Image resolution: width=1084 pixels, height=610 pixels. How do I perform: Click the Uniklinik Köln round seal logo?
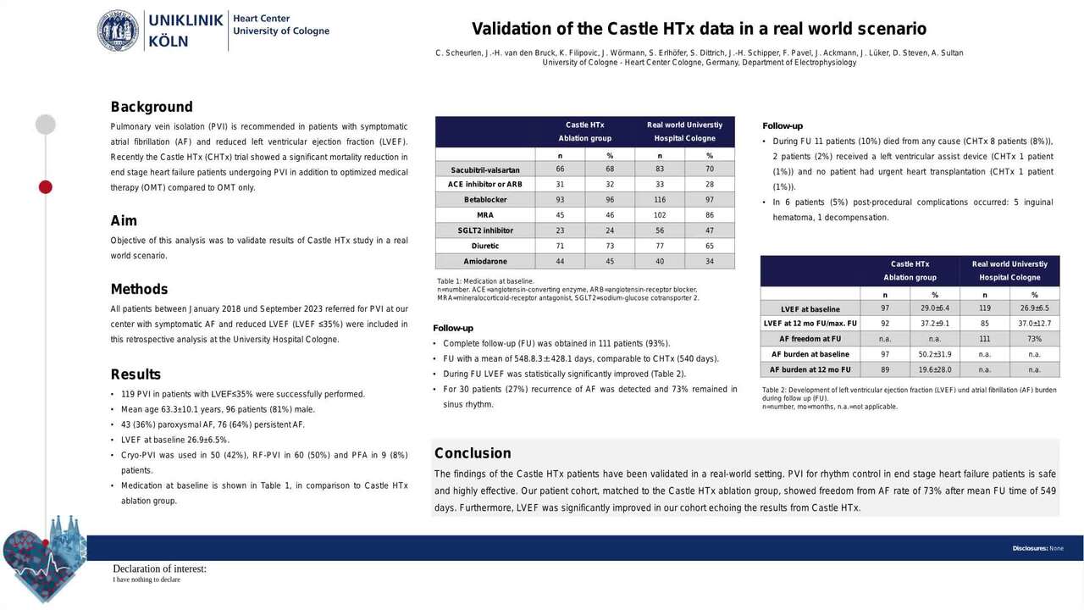[118, 30]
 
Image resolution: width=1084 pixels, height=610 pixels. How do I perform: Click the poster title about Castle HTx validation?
[699, 29]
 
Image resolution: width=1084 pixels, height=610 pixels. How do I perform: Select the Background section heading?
[152, 107]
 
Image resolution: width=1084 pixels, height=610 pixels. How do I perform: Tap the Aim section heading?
[124, 221]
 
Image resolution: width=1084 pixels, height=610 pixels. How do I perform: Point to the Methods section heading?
[139, 289]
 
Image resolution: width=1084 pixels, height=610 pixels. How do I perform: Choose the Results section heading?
[135, 374]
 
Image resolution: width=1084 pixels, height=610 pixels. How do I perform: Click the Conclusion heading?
[473, 453]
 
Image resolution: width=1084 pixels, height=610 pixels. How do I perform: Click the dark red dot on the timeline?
[46, 186]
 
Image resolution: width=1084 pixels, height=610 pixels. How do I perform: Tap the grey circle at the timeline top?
[46, 125]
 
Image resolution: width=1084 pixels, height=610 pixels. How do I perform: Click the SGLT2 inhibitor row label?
[485, 230]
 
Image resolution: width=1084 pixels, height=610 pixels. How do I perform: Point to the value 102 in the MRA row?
[660, 215]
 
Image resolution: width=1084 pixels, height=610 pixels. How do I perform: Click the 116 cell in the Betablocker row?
[660, 200]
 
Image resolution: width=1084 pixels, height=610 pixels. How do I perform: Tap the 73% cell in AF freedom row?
[1034, 339]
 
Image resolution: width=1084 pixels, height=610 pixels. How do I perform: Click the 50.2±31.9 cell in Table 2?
[934, 354]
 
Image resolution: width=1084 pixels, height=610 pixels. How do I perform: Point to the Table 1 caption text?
[485, 280]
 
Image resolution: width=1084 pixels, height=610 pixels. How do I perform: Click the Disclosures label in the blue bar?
[1030, 548]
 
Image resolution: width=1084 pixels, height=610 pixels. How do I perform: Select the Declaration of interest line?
[159, 569]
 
